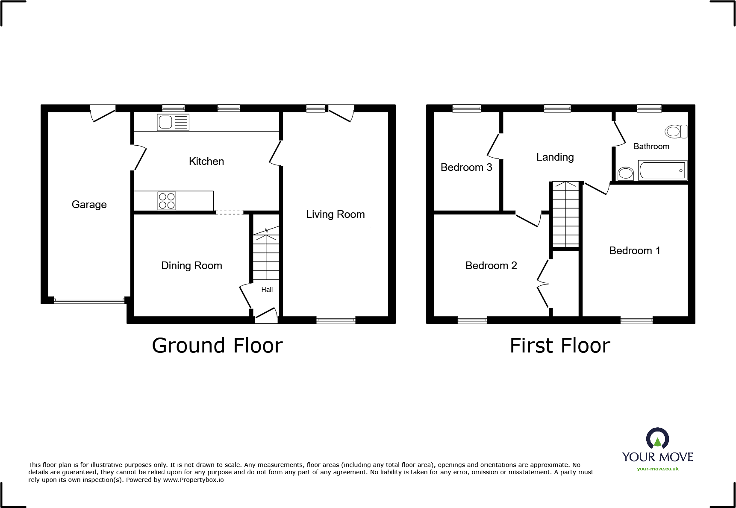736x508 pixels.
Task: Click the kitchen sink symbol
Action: tap(173, 123)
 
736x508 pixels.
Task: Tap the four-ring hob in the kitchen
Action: tap(167, 201)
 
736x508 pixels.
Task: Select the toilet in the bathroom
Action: tap(676, 131)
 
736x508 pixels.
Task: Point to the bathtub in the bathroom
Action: tap(662, 170)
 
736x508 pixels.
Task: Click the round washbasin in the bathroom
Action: tap(626, 173)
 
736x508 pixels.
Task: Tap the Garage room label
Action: tap(89, 205)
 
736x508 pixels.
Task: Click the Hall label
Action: tap(267, 290)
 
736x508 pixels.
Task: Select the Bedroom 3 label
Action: tap(466, 167)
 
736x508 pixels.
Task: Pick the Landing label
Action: tap(555, 157)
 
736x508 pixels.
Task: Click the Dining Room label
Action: tap(191, 266)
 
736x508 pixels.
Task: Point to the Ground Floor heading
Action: tap(217, 346)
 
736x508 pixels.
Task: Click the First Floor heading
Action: tap(559, 346)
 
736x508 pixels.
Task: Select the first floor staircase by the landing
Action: tap(565, 214)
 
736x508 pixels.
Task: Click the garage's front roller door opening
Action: tap(89, 301)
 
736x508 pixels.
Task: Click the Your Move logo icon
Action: tap(657, 439)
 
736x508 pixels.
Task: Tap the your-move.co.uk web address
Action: tap(657, 469)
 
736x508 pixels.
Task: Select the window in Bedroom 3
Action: tap(466, 109)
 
